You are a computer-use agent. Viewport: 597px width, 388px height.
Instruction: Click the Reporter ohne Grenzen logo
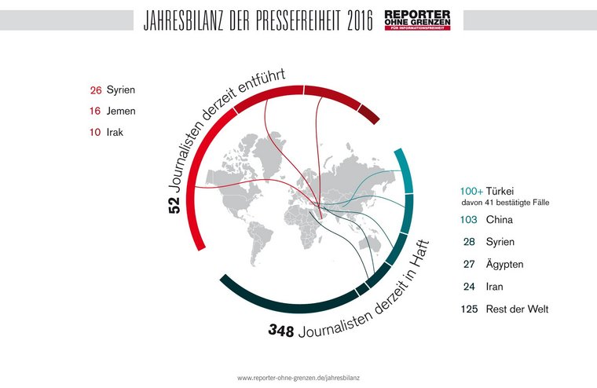(x=417, y=20)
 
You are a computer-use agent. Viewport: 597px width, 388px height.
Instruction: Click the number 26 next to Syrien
(x=97, y=90)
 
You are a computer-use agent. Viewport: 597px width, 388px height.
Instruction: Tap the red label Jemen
(x=121, y=112)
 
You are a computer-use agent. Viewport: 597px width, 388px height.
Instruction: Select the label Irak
(x=115, y=132)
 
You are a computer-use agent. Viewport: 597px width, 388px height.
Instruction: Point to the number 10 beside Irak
(x=96, y=132)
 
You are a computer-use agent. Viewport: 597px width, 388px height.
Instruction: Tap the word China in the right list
(x=500, y=220)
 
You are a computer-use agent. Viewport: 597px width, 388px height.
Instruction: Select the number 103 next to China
(x=471, y=220)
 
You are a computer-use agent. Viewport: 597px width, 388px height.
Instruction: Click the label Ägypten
(x=504, y=265)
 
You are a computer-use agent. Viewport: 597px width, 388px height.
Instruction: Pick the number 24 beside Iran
(x=471, y=287)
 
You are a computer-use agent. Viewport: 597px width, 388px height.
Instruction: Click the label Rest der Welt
(x=517, y=309)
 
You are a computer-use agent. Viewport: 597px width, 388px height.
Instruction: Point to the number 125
(x=471, y=309)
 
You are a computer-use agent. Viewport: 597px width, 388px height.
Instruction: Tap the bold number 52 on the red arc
(x=174, y=205)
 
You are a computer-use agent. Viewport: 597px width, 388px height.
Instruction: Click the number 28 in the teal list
(x=471, y=243)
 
